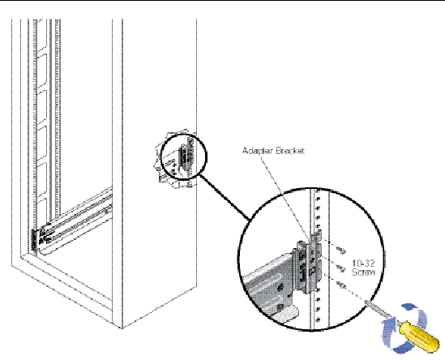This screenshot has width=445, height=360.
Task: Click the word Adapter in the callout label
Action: [x=258, y=151]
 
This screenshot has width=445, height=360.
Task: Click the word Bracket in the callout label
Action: [x=289, y=151]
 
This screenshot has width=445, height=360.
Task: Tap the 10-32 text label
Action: [x=364, y=264]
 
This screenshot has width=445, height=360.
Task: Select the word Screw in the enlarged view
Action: [x=364, y=272]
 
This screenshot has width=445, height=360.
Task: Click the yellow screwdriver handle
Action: [x=419, y=336]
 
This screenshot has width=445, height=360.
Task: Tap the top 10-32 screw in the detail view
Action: [x=340, y=250]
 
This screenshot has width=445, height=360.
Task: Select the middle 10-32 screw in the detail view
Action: [x=340, y=268]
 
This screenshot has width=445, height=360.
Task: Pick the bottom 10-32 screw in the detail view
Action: [x=341, y=285]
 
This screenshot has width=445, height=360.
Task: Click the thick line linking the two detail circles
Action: [x=225, y=197]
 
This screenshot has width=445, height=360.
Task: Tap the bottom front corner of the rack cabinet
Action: [x=122, y=328]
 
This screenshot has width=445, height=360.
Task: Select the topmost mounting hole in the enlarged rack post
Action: [x=318, y=191]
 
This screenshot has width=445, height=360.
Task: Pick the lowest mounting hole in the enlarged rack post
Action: [x=318, y=319]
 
